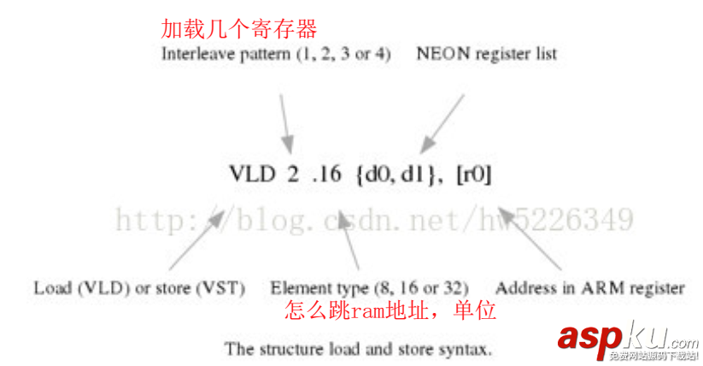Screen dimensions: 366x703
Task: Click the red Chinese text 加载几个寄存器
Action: coord(239,30)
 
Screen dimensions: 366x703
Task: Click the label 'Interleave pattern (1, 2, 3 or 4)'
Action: coord(276,54)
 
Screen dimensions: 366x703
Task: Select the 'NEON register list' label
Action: coord(487,54)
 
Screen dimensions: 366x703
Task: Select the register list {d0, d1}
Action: coord(399,174)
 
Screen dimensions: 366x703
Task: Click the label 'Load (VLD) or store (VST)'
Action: coord(139,288)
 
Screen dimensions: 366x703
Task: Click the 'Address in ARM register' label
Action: coord(589,288)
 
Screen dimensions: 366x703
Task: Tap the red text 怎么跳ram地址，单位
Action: coord(390,311)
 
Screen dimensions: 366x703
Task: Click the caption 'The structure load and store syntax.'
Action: coord(358,349)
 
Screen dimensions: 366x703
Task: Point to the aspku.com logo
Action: coord(628,340)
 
